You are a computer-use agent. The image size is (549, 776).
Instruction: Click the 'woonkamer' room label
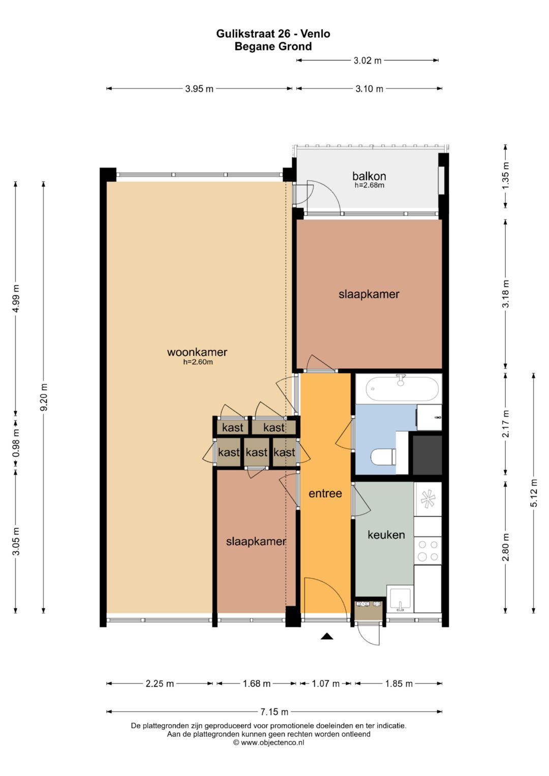point(197,352)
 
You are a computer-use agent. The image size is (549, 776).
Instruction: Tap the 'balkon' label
point(369,176)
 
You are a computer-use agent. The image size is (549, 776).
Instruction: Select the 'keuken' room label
point(386,535)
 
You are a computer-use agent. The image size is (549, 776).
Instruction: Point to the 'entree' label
point(325,493)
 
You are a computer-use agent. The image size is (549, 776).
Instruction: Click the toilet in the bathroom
point(383,457)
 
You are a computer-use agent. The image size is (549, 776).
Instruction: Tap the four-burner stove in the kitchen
point(428,551)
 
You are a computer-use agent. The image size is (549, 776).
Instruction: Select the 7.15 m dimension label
point(274,712)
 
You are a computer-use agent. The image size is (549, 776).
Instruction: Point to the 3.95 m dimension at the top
point(199,89)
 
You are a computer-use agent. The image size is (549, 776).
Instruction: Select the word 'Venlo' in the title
point(315,34)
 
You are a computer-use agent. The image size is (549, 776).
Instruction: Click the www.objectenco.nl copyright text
point(268,742)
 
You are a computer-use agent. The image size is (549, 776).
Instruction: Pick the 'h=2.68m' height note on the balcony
point(369,185)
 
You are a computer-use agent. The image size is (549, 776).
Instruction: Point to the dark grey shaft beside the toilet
point(428,455)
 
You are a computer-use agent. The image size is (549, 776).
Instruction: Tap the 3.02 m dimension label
point(368,60)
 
